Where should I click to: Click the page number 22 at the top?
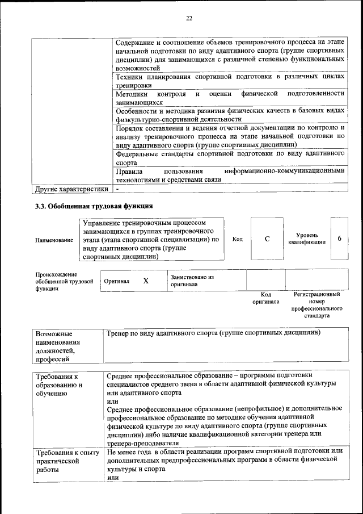tap(189, 18)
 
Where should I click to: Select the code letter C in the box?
tap(267, 239)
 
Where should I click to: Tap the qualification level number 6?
tap(339, 239)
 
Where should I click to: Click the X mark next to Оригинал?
tap(146, 281)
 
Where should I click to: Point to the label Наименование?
tap(54, 240)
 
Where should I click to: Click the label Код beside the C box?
tap(238, 239)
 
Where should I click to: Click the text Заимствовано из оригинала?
tap(192, 281)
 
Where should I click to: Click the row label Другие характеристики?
tap(71, 189)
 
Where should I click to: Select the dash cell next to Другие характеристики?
tap(117, 189)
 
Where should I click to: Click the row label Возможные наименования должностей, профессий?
tap(58, 345)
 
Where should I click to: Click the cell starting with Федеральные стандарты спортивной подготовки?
tap(230, 158)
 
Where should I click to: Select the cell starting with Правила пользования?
tap(230, 175)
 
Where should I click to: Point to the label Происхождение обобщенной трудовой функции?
tap(64, 281)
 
